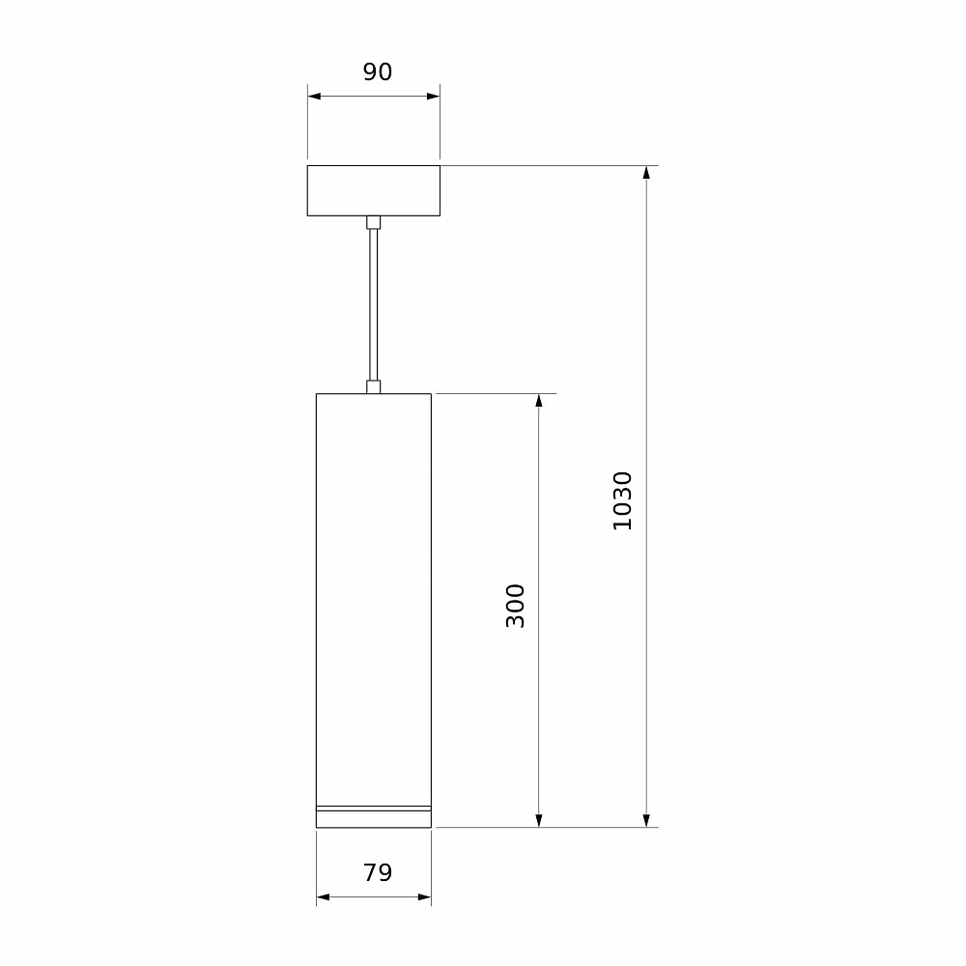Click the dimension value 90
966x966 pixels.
377,72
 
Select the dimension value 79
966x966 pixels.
377,872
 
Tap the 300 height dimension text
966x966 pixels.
515,606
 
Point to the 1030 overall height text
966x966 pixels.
622,500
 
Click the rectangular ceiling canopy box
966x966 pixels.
373,190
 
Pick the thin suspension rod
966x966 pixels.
373,305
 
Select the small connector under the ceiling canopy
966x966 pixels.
373,222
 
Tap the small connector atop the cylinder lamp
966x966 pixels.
373,387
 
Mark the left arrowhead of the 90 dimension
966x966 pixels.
314,96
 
